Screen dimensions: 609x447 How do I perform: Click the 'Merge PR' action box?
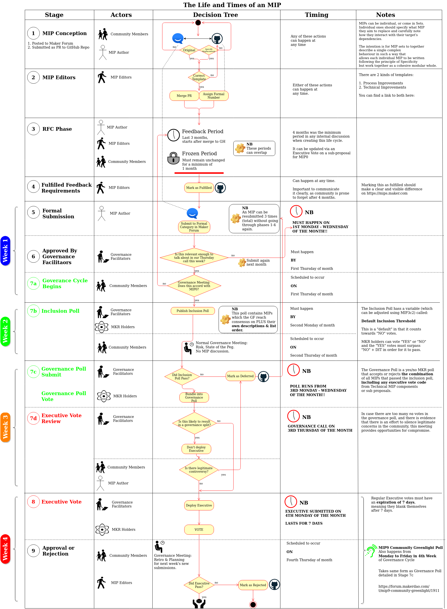tap(184, 96)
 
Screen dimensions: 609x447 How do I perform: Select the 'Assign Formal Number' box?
tap(213, 96)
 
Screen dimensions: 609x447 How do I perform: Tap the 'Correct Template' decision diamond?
tap(199, 77)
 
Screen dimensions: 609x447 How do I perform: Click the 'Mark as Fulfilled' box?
tap(199, 188)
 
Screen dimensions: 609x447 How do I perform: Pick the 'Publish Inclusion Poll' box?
tap(193, 311)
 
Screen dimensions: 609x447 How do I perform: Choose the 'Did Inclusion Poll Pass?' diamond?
tap(182, 376)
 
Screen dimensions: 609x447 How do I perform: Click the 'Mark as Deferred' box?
tap(240, 376)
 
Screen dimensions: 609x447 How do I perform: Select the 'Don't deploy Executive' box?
tap(196, 449)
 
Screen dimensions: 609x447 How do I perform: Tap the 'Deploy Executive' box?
tap(199, 505)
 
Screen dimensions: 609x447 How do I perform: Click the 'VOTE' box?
tap(199, 530)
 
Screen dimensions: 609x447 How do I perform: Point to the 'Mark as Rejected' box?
tap(253, 585)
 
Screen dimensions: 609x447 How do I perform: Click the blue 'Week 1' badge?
tap(5, 251)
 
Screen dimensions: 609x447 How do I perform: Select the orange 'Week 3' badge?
tap(5, 427)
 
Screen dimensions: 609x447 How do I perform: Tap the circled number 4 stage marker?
tap(33, 187)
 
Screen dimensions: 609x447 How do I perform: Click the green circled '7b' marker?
tap(33, 311)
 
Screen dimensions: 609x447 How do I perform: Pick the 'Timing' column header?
tap(316, 15)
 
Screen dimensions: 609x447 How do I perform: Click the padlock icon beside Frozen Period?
tap(173, 158)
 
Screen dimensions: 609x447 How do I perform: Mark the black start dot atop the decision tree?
tap(198, 23)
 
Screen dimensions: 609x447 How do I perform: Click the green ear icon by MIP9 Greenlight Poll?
tap(371, 551)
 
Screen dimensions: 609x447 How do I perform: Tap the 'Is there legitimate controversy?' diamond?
tap(199, 470)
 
